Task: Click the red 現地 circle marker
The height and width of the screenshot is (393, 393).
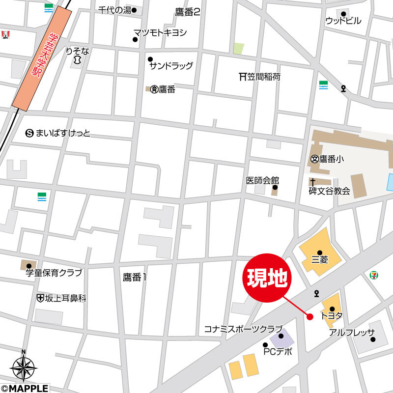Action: coord(267,278)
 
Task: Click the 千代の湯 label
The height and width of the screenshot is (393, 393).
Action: coord(114,10)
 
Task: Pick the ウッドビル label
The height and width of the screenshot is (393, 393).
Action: coord(343,21)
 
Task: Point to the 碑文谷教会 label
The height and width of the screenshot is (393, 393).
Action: coord(329,191)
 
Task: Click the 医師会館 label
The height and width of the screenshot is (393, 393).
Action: coord(262,180)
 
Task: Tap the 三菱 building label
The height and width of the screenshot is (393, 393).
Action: coord(320,259)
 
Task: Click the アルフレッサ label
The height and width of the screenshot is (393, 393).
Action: coord(352,332)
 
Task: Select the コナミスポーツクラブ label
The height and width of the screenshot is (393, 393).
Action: coord(243,329)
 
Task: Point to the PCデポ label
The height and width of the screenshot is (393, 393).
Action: coord(278,351)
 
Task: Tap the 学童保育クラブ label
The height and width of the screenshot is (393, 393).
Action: coord(54,273)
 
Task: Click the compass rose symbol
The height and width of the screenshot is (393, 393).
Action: coord(24,367)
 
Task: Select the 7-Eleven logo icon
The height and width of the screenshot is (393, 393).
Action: coord(374,274)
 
